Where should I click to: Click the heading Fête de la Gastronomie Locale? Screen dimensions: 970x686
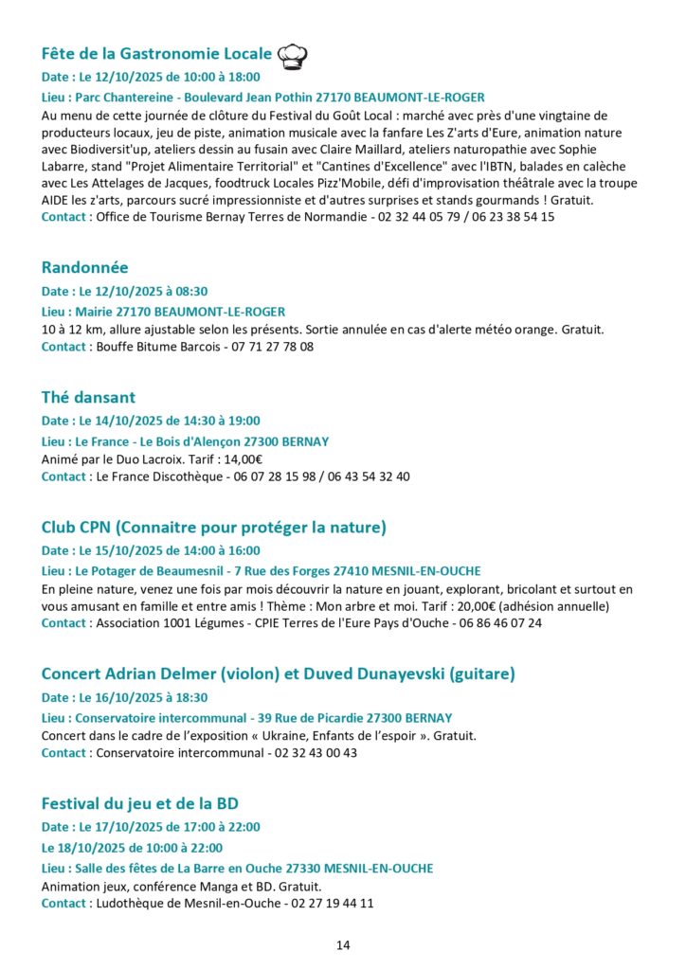(x=157, y=53)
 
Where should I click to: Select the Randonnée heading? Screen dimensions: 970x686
(x=85, y=268)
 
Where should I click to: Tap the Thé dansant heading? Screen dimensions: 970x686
(x=89, y=398)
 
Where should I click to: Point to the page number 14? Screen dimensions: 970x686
(x=343, y=945)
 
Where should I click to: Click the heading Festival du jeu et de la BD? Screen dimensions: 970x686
(x=140, y=804)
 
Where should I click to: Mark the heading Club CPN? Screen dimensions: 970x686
(x=214, y=527)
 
